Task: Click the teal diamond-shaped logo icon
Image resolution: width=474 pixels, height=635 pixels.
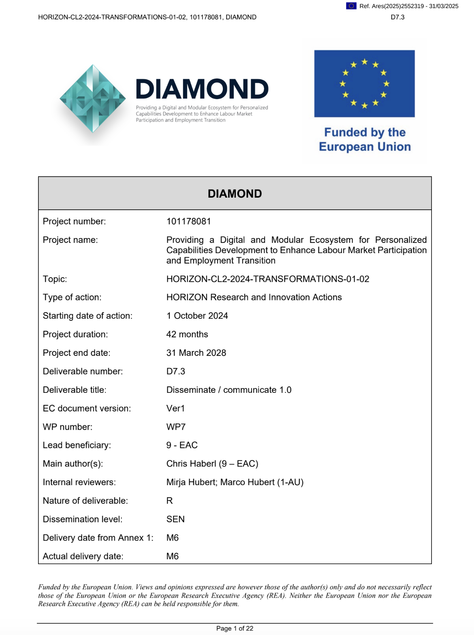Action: click(x=93, y=98)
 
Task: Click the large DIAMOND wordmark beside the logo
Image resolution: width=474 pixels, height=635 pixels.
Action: click(x=202, y=89)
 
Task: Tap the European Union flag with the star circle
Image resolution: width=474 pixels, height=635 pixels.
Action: click(x=364, y=83)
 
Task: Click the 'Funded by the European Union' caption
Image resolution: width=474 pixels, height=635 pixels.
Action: click(x=365, y=139)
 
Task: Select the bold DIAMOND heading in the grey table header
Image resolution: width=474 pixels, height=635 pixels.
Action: click(x=235, y=194)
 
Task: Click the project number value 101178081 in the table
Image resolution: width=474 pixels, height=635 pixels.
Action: click(x=188, y=222)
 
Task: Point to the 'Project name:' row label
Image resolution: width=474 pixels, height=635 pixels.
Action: click(x=70, y=240)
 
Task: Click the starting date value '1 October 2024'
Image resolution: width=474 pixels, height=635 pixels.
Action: click(x=197, y=316)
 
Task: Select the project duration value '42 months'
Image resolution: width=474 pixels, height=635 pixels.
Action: click(x=187, y=335)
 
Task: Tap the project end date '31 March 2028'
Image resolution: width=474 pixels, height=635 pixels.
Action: click(x=196, y=353)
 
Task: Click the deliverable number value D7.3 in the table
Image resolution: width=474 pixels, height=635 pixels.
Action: click(x=175, y=371)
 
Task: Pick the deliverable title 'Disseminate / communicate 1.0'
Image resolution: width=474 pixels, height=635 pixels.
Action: click(x=228, y=390)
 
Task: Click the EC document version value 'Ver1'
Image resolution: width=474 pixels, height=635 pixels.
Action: click(x=175, y=409)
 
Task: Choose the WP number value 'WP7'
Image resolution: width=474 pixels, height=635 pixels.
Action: click(x=176, y=427)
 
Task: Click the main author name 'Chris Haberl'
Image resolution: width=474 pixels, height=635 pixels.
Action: click(x=191, y=464)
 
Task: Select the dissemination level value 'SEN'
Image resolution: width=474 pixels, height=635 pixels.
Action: click(x=175, y=519)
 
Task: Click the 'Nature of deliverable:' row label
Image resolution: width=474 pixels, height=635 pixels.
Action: click(x=85, y=501)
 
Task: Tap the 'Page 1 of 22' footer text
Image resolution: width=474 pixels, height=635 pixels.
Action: click(x=235, y=629)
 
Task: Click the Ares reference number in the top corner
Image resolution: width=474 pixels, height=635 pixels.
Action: click(x=409, y=6)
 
